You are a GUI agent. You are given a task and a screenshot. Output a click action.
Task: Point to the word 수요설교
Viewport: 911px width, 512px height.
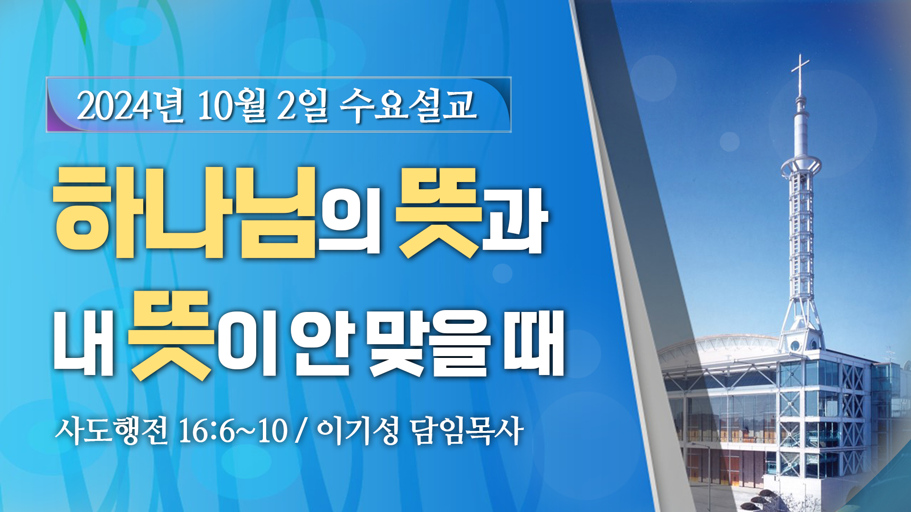point(408,105)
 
